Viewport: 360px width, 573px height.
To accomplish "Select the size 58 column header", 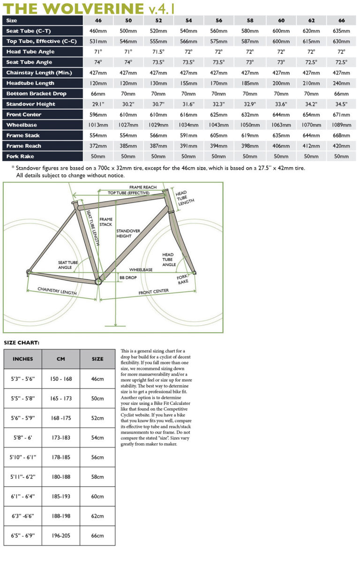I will tap(249, 21).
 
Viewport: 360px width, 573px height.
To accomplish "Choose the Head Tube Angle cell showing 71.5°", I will tap(158, 52).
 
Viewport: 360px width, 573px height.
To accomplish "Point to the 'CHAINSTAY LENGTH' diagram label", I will tap(57, 291).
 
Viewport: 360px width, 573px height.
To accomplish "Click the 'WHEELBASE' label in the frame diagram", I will tap(141, 270).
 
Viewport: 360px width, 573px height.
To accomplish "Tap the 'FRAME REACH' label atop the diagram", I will tap(143, 187).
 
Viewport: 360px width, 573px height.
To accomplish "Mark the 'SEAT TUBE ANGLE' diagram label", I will tap(68, 265).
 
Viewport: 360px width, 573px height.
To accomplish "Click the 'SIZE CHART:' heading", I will tap(22, 342).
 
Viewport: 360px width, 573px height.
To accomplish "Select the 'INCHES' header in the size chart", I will tap(23, 359).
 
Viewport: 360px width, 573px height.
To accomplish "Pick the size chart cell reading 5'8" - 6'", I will tap(23, 438).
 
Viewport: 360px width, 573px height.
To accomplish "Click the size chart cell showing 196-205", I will tap(60, 536).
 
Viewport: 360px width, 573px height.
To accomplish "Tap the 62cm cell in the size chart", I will tap(97, 516).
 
